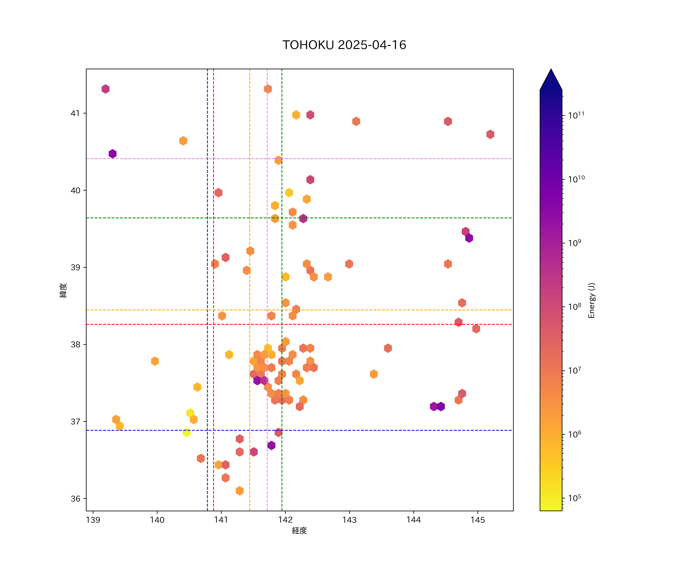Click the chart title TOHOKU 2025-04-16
344,45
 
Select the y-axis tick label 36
75,499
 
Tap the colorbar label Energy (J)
592,300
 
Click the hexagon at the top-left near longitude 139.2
105,89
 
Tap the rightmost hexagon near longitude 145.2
490,134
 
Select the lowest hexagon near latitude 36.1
239,491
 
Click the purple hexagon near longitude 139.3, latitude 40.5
113,153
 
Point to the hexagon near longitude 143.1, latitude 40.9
356,121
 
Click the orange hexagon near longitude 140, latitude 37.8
155,361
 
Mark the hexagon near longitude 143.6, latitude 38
388,348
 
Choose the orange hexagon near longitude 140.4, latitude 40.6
183,141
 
